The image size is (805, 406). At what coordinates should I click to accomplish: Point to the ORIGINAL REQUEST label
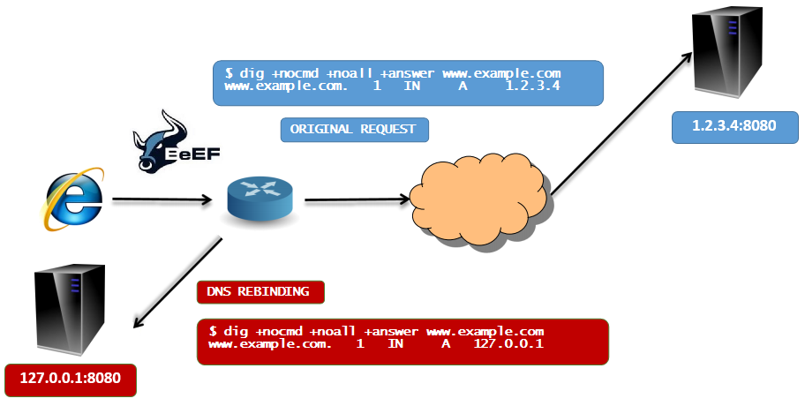coord(354,129)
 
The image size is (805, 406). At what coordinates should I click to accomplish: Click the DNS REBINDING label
coord(259,291)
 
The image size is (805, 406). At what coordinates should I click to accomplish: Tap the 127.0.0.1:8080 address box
coord(70,380)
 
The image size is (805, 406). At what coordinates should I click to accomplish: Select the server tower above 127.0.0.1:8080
coord(69,312)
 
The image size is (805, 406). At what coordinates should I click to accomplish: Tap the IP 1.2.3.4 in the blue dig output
coord(531,86)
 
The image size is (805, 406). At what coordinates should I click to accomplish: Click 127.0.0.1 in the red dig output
coord(508,343)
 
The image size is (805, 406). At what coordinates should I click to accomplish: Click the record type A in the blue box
coord(481,86)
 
